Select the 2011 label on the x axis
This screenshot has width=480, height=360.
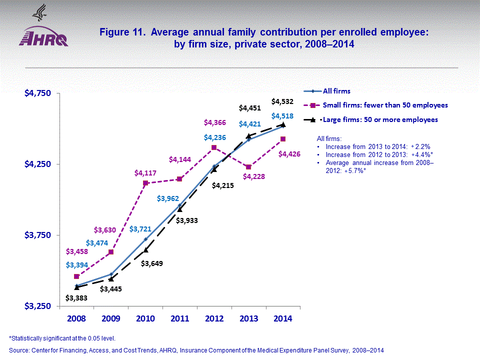pyautogui.click(x=179, y=318)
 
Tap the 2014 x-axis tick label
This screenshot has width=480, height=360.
pyautogui.click(x=282, y=318)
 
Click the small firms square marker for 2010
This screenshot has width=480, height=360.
pyautogui.click(x=145, y=183)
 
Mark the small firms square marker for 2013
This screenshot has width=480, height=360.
pyautogui.click(x=248, y=167)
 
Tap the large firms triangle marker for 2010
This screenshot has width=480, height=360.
pyautogui.click(x=145, y=249)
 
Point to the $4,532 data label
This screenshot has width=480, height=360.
pyautogui.click(x=282, y=101)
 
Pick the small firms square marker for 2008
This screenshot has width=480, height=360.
pyautogui.click(x=76, y=276)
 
